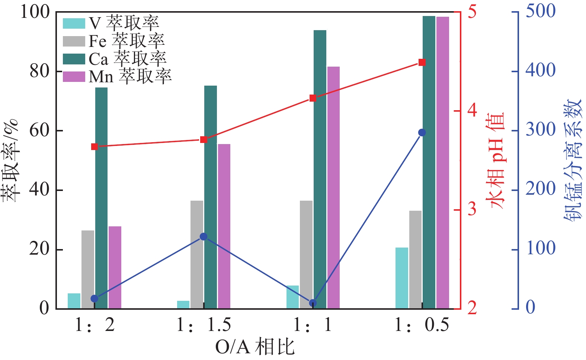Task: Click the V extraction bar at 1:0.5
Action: [402, 278]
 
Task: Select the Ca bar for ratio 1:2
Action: [101, 198]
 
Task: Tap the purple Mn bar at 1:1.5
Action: [224, 226]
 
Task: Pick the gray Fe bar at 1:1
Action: [306, 254]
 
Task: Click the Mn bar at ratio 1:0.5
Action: [442, 162]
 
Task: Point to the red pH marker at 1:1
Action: [313, 98]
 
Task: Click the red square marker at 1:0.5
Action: [422, 62]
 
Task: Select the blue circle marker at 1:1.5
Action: [204, 237]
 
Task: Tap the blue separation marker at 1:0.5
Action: [422, 133]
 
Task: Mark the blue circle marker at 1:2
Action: [95, 299]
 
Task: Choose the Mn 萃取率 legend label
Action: [130, 76]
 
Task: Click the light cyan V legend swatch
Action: [74, 23]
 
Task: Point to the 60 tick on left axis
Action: [39, 131]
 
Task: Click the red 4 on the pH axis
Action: [472, 111]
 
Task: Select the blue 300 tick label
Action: [540, 130]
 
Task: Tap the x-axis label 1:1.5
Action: [204, 325]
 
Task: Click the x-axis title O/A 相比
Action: [255, 347]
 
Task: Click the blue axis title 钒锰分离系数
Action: [572, 160]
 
